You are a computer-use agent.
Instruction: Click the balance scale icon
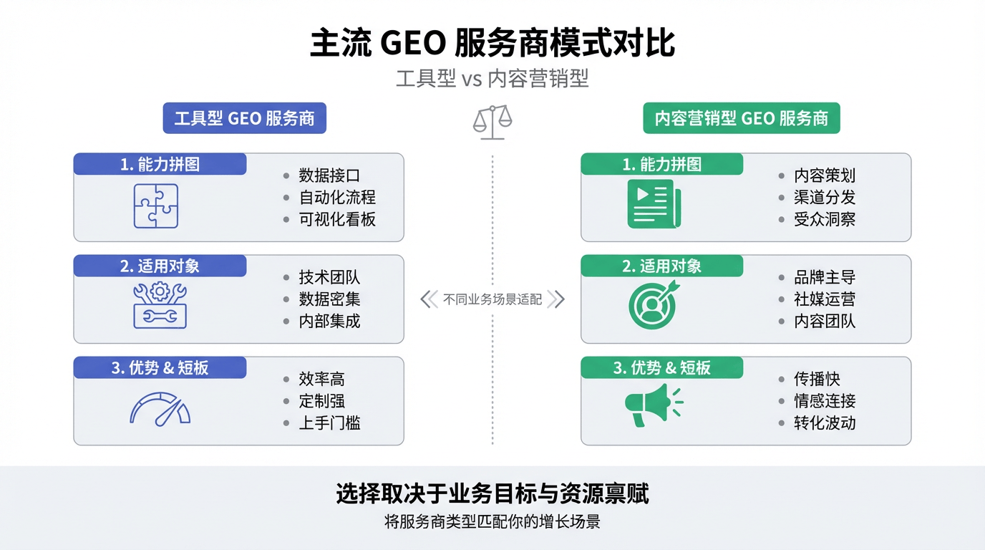[x=492, y=122]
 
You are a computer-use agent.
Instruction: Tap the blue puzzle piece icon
[x=156, y=206]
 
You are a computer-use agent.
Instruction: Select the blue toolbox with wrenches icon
[x=160, y=305]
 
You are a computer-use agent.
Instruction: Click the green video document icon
[x=654, y=203]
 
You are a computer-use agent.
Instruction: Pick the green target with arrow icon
[x=654, y=305]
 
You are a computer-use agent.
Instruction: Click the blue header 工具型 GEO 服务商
[x=244, y=118]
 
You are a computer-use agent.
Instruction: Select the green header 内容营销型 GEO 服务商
[x=742, y=118]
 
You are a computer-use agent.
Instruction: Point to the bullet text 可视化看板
[x=337, y=219]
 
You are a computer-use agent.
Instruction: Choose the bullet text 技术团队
[x=329, y=278]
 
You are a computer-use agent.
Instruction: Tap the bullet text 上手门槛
[x=329, y=423]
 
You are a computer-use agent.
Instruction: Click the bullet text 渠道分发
[x=825, y=198]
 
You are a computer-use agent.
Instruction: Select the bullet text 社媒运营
[x=825, y=299]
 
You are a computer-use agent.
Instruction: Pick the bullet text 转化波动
[x=825, y=423]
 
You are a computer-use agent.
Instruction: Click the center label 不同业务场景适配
[x=492, y=299]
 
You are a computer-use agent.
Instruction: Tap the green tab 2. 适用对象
[x=661, y=266]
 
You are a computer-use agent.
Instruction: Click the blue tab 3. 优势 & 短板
[x=160, y=368]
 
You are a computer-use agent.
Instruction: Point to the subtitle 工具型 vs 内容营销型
[x=492, y=78]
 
